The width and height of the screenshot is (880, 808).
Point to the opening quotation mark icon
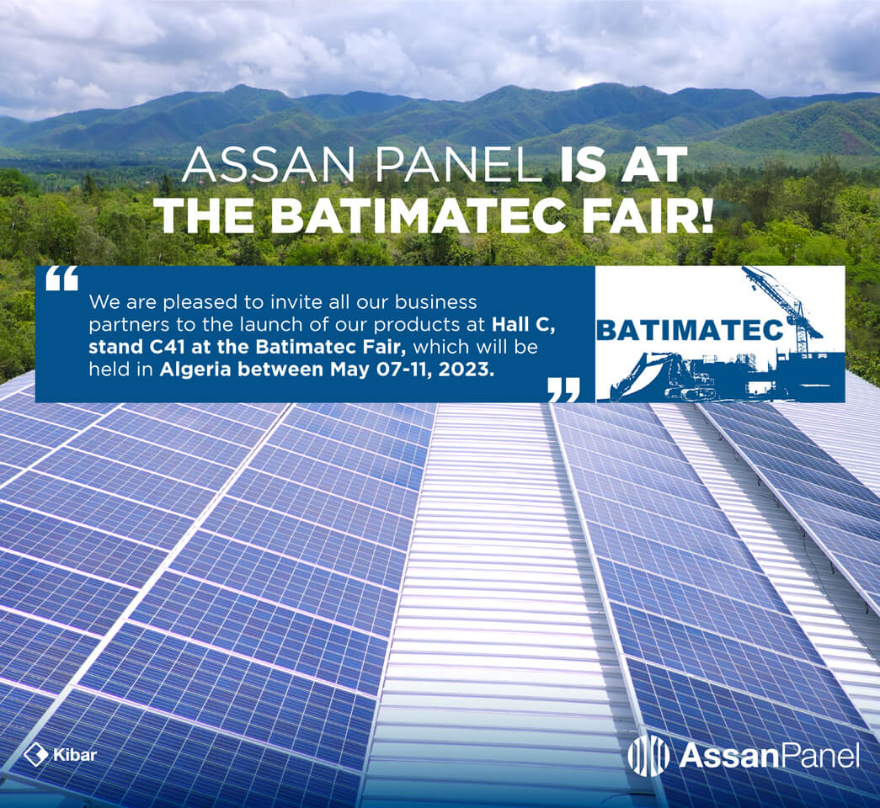pyautogui.click(x=61, y=279)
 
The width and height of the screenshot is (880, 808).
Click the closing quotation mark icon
pyautogui.click(x=563, y=390)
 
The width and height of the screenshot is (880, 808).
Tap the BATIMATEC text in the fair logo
pyautogui.click(x=688, y=331)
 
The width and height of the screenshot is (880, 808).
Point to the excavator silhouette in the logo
pyautogui.click(x=662, y=375)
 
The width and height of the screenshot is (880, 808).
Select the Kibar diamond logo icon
pyautogui.click(x=36, y=754)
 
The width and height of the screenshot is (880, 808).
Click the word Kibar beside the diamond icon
pyautogui.click(x=75, y=755)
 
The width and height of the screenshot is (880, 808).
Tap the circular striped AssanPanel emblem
pyautogui.click(x=648, y=755)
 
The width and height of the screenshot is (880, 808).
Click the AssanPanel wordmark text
pyautogui.click(x=770, y=755)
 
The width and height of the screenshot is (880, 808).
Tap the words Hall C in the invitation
pyautogui.click(x=524, y=325)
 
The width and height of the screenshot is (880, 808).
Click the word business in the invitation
pyautogui.click(x=435, y=302)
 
